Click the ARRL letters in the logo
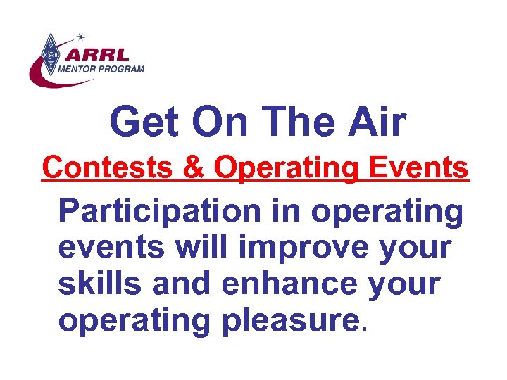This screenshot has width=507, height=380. (96, 54)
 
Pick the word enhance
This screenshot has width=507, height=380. (296, 284)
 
